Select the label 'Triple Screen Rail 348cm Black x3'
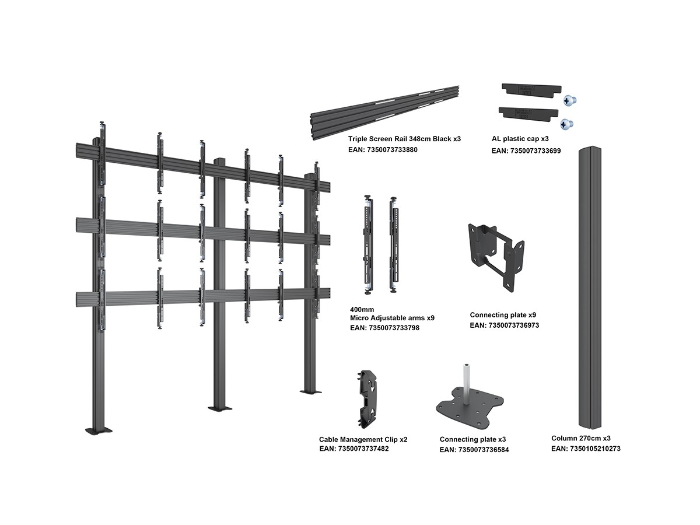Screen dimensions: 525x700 click(x=404, y=139)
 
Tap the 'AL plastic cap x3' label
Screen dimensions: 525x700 click(x=520, y=139)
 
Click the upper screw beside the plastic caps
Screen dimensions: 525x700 click(x=569, y=101)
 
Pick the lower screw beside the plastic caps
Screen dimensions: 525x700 click(x=566, y=124)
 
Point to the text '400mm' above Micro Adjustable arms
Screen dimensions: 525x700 click(x=362, y=309)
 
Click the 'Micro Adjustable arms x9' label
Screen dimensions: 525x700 click(x=392, y=318)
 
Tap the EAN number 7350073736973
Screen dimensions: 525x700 click(x=505, y=325)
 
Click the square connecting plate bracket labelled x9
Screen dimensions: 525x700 click(x=496, y=257)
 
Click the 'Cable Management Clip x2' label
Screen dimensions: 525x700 click(x=363, y=439)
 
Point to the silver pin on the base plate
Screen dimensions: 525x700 click(x=467, y=383)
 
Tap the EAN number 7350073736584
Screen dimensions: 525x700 click(x=474, y=450)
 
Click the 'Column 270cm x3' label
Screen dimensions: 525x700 click(x=581, y=438)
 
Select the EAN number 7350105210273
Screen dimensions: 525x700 click(x=586, y=449)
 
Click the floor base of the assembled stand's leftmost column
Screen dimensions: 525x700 click(x=98, y=430)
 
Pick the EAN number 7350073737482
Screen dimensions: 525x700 click(x=354, y=449)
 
